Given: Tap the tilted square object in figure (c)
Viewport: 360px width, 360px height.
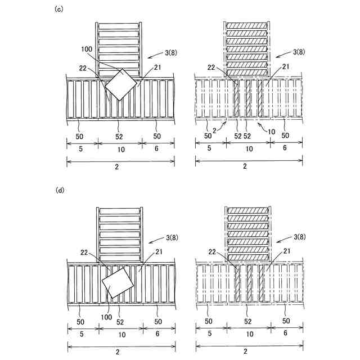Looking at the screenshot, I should click(x=121, y=85).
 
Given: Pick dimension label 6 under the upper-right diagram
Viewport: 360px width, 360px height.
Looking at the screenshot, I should click(x=284, y=147).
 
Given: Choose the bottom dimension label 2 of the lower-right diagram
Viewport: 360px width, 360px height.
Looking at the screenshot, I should click(x=245, y=352).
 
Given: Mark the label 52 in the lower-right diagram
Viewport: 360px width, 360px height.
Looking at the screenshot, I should click(x=247, y=321).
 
